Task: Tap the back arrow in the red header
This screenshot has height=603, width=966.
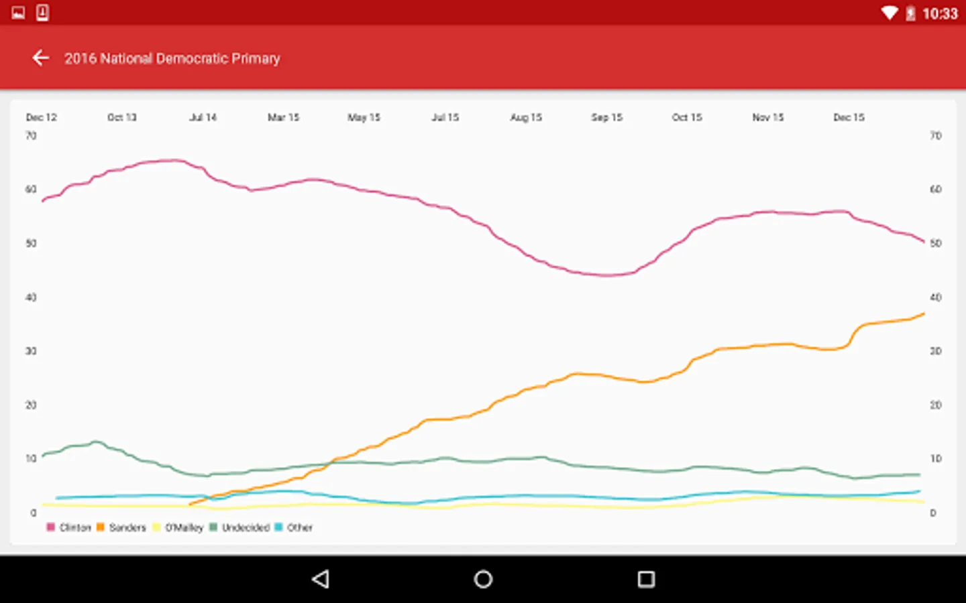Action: [41, 58]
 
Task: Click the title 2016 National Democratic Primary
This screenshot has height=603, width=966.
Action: [172, 58]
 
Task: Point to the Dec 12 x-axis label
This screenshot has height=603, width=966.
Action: [41, 117]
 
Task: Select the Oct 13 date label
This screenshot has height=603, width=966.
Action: [121, 117]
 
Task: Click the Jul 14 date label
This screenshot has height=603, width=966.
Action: [203, 117]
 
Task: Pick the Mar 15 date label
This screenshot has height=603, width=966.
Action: [283, 117]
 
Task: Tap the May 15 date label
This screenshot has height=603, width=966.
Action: [364, 117]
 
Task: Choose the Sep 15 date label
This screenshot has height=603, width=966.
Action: [606, 117]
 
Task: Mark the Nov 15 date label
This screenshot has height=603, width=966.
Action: [768, 117]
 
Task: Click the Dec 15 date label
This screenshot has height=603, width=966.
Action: [849, 117]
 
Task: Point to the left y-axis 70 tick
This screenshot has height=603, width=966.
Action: [31, 135]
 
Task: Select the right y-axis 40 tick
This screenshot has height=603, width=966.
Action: [935, 297]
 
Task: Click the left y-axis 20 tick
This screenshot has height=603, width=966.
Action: [31, 405]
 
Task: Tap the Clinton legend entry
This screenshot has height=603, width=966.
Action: [69, 527]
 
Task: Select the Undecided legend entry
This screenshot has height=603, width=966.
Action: [240, 527]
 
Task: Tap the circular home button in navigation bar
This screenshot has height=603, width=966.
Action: [483, 579]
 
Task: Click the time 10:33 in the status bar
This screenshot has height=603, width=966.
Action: [940, 13]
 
